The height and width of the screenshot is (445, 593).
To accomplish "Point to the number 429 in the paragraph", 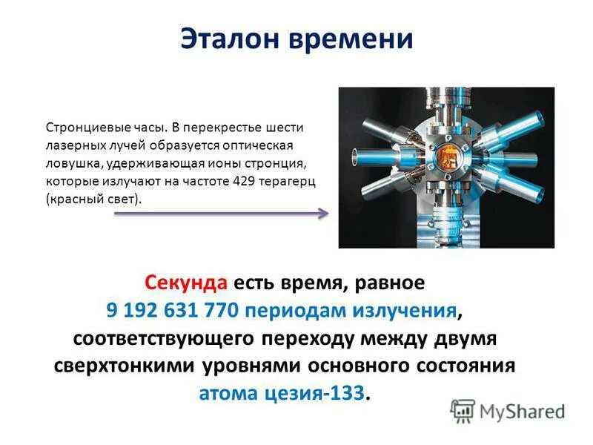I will coord(245,182).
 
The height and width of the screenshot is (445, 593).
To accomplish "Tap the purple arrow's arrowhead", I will coord(323,214).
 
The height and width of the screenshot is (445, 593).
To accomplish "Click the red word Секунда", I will coord(186,283).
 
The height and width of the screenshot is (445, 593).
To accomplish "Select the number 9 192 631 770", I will coord(172,311).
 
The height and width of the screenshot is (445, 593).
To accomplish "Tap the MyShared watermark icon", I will coord(463,411).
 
